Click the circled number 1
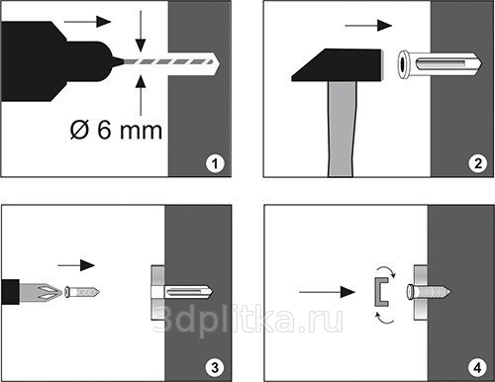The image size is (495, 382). (x=215, y=163)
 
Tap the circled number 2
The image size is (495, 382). (x=478, y=163)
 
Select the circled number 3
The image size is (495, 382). (x=215, y=367)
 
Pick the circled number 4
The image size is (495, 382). (x=477, y=367)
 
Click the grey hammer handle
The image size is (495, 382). (x=343, y=129)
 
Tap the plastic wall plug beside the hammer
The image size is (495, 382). (x=440, y=63)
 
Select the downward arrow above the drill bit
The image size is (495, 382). (x=141, y=31)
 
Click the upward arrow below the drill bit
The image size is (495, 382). (x=141, y=96)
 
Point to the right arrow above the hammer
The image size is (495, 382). (x=368, y=26)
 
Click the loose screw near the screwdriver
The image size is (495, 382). (x=82, y=292)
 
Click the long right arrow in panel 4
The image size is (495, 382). (x=327, y=292)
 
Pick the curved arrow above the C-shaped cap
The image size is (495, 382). (x=387, y=270)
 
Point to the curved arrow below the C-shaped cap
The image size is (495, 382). (x=385, y=318)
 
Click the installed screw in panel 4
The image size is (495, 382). (x=429, y=292)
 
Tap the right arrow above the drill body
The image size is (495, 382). (x=87, y=22)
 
